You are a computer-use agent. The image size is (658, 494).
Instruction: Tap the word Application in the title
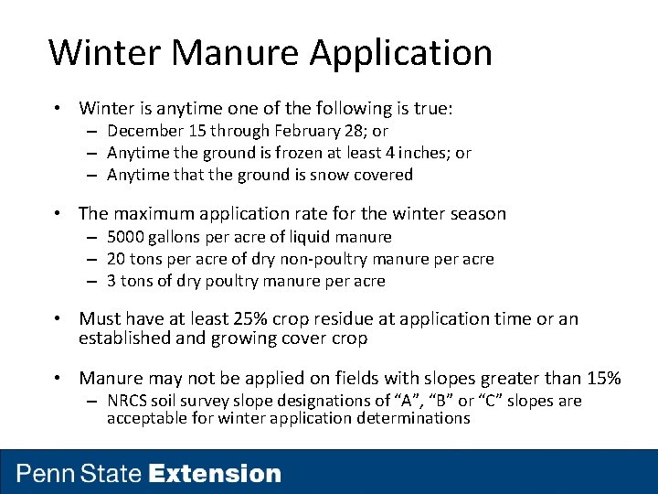coord(400,54)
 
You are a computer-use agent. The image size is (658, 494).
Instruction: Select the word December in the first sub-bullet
coord(146,131)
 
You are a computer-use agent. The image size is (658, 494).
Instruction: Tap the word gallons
coord(179,238)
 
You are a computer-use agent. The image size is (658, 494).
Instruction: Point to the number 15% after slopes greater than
coord(603,378)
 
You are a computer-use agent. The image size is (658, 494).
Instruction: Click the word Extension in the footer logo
coord(215,474)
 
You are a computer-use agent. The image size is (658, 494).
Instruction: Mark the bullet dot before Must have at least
coord(58,319)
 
